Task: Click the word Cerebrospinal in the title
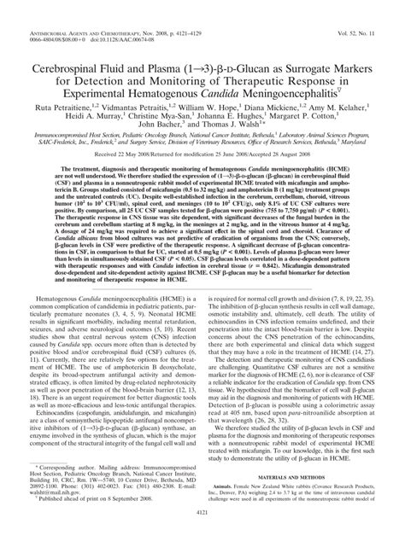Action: (67, 42)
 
